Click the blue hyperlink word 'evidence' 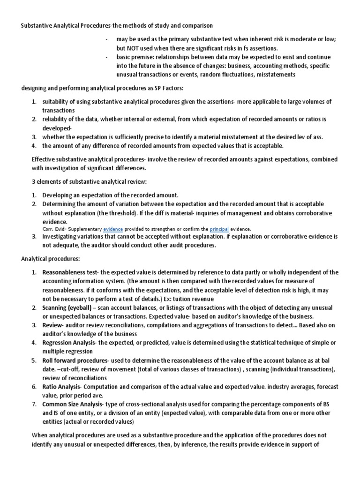click(113, 229)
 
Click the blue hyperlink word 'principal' click(219, 229)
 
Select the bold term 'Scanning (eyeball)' click(67, 307)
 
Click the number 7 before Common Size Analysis click(34, 404)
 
